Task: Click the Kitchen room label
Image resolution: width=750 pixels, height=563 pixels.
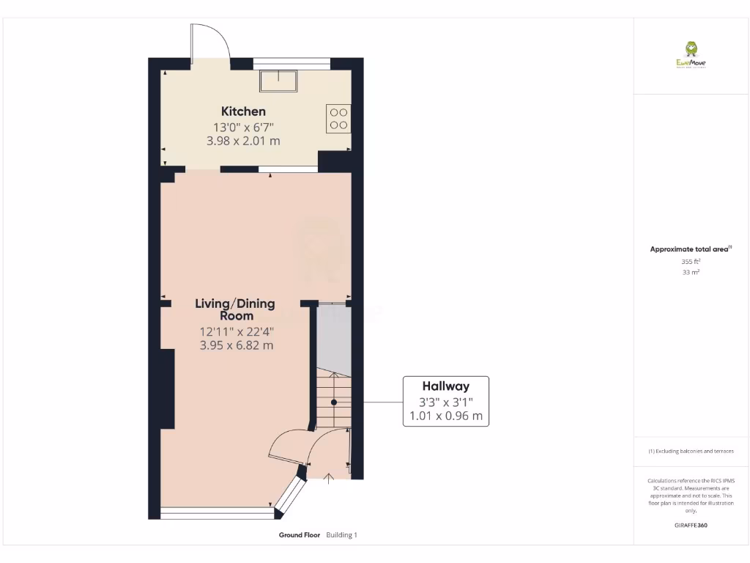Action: [x=243, y=111]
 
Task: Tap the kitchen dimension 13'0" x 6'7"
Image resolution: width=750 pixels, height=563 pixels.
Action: [x=243, y=127]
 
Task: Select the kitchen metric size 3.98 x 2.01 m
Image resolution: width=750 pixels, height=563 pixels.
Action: [x=243, y=141]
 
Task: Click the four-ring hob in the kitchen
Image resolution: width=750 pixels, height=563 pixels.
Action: [x=338, y=119]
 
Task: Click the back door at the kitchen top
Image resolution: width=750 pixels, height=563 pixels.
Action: [x=209, y=44]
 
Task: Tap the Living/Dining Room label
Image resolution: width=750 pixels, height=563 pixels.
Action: [x=235, y=309]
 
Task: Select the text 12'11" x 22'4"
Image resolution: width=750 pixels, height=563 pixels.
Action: [x=236, y=331]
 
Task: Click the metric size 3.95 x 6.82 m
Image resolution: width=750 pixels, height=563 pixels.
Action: [x=236, y=345]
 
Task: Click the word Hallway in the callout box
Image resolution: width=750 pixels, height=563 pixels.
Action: [x=445, y=386]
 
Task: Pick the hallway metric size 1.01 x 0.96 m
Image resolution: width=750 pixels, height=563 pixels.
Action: [x=445, y=416]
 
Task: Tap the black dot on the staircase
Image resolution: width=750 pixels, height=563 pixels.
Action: [x=333, y=402]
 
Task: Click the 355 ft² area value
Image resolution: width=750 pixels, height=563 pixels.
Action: [x=691, y=261]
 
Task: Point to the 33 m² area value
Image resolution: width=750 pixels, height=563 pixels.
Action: [x=691, y=272]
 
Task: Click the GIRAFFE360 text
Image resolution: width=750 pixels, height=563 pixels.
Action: [x=691, y=526]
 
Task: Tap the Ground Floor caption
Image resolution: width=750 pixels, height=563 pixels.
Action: [x=300, y=535]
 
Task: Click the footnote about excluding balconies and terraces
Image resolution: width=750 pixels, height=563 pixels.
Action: [x=691, y=452]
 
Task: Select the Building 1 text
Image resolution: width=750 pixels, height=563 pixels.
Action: [x=341, y=535]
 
